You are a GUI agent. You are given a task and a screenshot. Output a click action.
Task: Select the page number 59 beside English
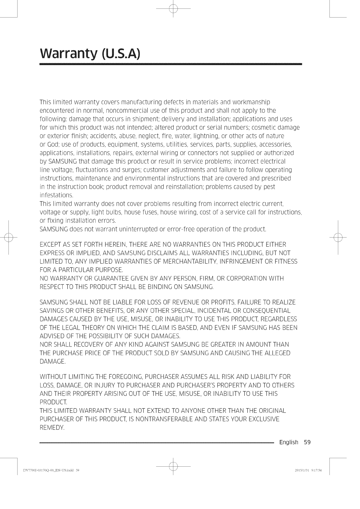pyautogui.click(x=307, y=442)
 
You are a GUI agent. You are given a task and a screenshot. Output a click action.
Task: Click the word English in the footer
pyautogui.click(x=289, y=442)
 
